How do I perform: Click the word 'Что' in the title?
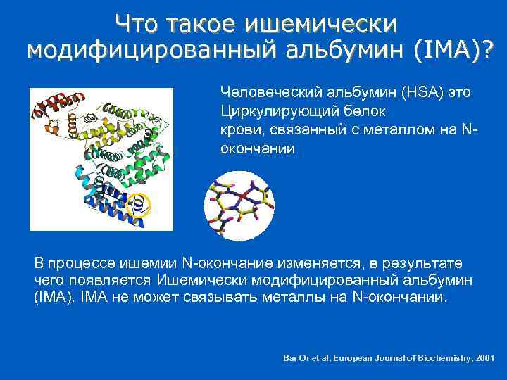click(137, 23)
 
